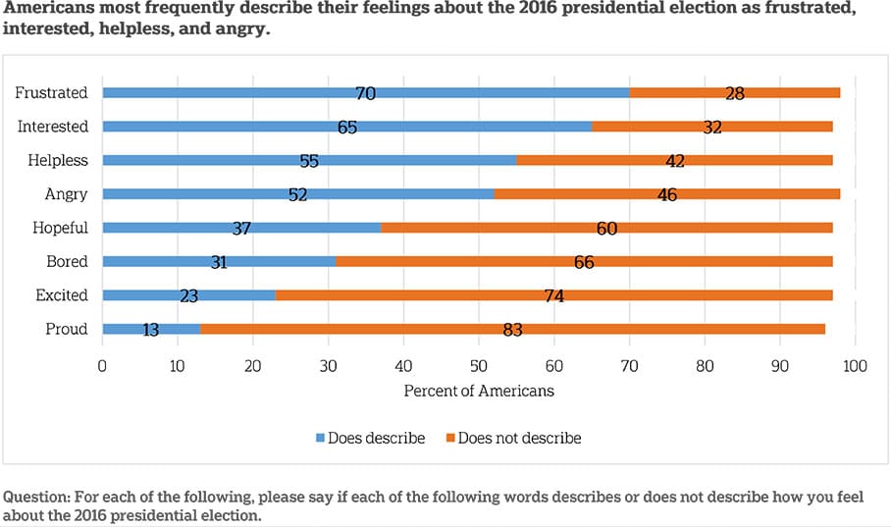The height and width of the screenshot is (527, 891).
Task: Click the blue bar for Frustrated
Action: pyautogui.click(x=365, y=92)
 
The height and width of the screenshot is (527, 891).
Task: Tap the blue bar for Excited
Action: pyautogui.click(x=188, y=295)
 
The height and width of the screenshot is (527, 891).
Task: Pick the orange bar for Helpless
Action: pyautogui.click(x=674, y=160)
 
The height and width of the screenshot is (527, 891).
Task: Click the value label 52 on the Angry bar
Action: pyautogui.click(x=297, y=194)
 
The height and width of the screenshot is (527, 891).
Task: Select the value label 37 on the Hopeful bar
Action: pyautogui.click(x=241, y=228)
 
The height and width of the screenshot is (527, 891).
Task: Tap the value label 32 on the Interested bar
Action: pyautogui.click(x=711, y=127)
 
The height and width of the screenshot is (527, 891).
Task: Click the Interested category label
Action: pyautogui.click(x=52, y=127)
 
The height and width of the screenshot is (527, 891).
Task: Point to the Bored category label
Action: pyautogui.click(x=67, y=262)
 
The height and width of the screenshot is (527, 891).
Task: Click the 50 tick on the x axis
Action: pyautogui.click(x=478, y=366)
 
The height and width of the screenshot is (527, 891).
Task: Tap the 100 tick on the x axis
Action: pyautogui.click(x=855, y=366)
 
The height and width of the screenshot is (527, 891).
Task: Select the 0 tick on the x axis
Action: pyautogui.click(x=102, y=366)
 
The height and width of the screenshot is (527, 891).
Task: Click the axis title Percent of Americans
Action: pyautogui.click(x=479, y=391)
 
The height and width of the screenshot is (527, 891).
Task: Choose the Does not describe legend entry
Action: pyautogui.click(x=511, y=438)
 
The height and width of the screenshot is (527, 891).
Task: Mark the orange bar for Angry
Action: pyautogui.click(x=666, y=194)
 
